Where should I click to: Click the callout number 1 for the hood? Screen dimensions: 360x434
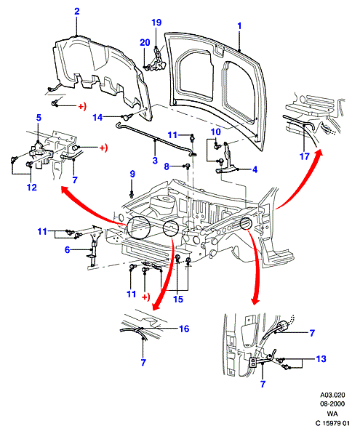tap(239, 26)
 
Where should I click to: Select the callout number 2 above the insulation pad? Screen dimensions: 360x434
tap(77, 12)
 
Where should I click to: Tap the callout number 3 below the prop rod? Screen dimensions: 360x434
tap(155, 160)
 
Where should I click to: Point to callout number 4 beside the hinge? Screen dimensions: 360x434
tap(255, 169)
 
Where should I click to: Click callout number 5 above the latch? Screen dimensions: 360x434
tap(39, 118)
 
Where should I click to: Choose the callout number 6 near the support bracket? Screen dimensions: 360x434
tap(68, 249)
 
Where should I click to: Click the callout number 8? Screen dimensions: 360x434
tap(167, 166)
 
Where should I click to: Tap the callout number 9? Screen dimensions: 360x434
tap(132, 174)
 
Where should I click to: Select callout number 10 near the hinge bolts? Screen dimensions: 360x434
tap(216, 132)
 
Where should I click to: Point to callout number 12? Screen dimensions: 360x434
tap(32, 188)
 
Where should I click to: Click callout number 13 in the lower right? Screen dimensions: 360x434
tap(321, 359)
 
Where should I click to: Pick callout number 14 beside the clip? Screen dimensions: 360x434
tap(97, 117)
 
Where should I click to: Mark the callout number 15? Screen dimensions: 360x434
tap(178, 300)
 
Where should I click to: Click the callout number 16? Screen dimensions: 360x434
tap(184, 329)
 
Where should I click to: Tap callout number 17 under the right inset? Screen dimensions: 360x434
tap(304, 156)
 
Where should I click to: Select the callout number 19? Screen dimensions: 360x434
tap(156, 23)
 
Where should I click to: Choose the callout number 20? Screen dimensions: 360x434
tap(145, 43)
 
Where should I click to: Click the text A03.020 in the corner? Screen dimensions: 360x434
tap(332, 395)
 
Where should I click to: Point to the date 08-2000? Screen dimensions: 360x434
tap(332, 404)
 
